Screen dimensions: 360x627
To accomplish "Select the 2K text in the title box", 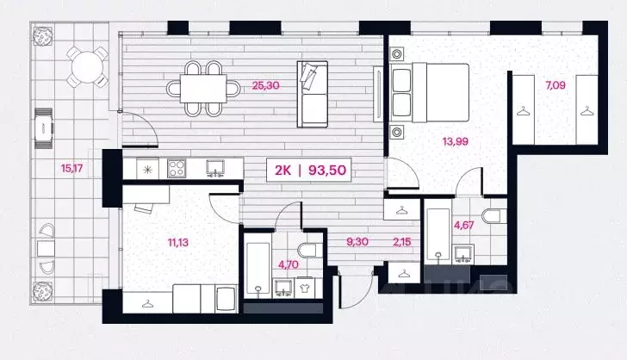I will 282,171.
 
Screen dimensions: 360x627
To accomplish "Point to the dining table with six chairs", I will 204,87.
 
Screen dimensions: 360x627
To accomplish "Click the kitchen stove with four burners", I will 177,165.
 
